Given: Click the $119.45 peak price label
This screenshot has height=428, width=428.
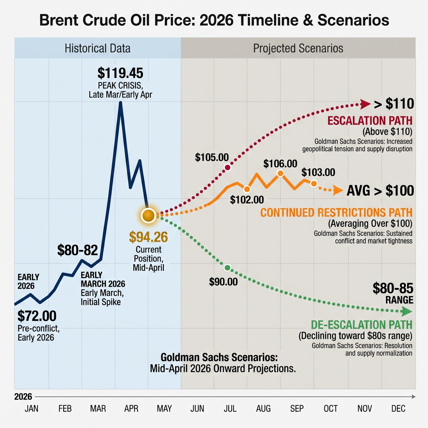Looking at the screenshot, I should pos(120,73).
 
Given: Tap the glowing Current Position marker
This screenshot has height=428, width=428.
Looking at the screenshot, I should pos(148,215).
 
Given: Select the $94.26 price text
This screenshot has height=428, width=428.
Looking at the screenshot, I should pos(148,237).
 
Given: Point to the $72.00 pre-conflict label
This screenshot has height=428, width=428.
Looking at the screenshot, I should pos(37,315).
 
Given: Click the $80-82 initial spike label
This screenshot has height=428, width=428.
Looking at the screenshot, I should pos(77,250).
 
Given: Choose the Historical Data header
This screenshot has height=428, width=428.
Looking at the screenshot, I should pos(97,48).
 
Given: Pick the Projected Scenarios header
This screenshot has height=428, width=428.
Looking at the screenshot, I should pos(298,48).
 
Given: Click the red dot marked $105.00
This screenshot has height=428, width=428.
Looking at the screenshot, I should pos(228,168).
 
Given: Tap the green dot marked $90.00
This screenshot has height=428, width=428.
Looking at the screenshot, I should pos(227,267).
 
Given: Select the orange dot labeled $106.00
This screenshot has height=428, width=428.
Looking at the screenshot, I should pos(280,173).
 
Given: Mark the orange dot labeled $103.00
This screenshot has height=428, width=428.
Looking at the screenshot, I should pos(313,183).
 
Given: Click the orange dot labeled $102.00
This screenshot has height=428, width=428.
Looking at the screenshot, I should pos(247,189).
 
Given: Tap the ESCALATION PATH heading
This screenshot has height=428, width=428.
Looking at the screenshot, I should pos(370,121).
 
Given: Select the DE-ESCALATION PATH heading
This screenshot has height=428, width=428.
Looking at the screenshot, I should pos(362,325).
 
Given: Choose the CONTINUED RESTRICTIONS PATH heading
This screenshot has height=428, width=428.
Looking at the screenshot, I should pos(336,212).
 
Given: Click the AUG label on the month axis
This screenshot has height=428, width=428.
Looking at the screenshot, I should pos(263,408).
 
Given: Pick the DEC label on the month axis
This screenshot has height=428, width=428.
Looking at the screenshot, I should pos(398,408).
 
